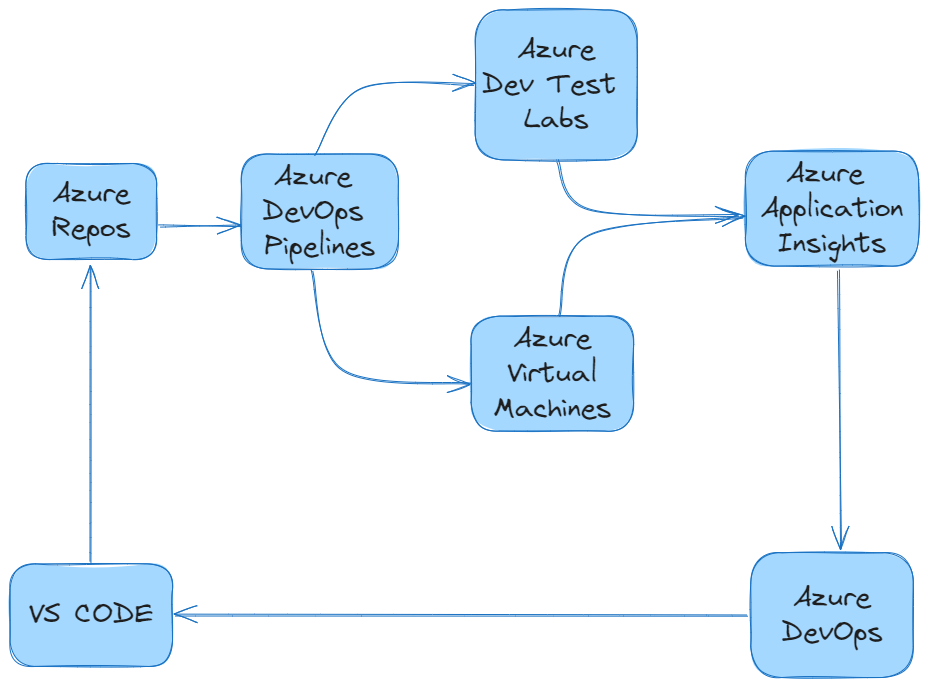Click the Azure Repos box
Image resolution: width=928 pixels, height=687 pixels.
(x=91, y=212)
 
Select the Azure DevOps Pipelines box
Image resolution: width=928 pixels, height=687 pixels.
(x=319, y=211)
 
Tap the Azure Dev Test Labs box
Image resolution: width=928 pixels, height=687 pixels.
(x=556, y=85)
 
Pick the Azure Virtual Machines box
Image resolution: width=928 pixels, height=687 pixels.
(x=552, y=373)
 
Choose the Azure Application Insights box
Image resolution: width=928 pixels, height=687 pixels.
(x=831, y=208)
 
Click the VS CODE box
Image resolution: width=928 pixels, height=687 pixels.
(x=91, y=614)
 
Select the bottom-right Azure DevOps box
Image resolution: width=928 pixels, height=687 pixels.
(x=831, y=614)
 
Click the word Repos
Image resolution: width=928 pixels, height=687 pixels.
(x=91, y=229)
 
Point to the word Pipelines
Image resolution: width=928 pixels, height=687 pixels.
(x=319, y=246)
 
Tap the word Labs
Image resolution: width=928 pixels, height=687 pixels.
(x=556, y=119)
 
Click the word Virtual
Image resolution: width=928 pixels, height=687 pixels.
(x=552, y=373)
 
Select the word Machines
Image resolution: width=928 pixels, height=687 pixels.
(x=552, y=408)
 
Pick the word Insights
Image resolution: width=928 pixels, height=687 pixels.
(x=832, y=243)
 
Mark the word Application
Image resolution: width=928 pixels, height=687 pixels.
(x=832, y=209)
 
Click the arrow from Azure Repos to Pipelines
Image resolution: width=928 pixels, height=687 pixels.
(x=199, y=226)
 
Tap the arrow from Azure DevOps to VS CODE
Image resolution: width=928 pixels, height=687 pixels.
(x=460, y=615)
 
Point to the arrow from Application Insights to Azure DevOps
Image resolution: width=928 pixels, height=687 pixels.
(x=840, y=410)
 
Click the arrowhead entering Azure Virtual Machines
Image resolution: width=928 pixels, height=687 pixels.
(x=461, y=383)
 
